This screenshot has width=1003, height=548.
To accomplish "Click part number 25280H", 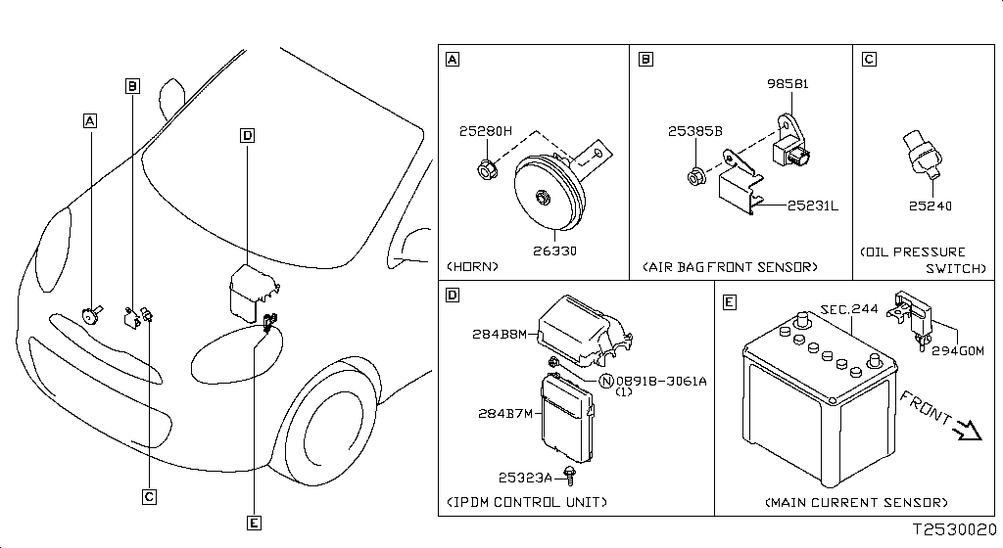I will click(485, 131).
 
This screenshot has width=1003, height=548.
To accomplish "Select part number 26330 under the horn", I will click(554, 251).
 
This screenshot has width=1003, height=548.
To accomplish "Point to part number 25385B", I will click(696, 131).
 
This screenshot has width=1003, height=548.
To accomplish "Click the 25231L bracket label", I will click(812, 205).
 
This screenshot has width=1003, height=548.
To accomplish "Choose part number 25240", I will click(930, 206).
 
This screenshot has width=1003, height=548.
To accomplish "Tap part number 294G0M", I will click(956, 349).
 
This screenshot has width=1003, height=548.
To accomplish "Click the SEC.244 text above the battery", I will click(848, 308).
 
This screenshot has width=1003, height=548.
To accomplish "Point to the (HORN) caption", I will click(473, 266).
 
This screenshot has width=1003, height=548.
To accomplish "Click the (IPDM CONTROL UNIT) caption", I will click(527, 502).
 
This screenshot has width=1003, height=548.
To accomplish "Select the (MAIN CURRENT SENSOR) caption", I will click(856, 502).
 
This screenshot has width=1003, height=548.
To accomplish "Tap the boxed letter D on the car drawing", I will click(247, 136).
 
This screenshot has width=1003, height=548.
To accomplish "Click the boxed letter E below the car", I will click(254, 524).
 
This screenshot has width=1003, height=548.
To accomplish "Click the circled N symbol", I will click(606, 381).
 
